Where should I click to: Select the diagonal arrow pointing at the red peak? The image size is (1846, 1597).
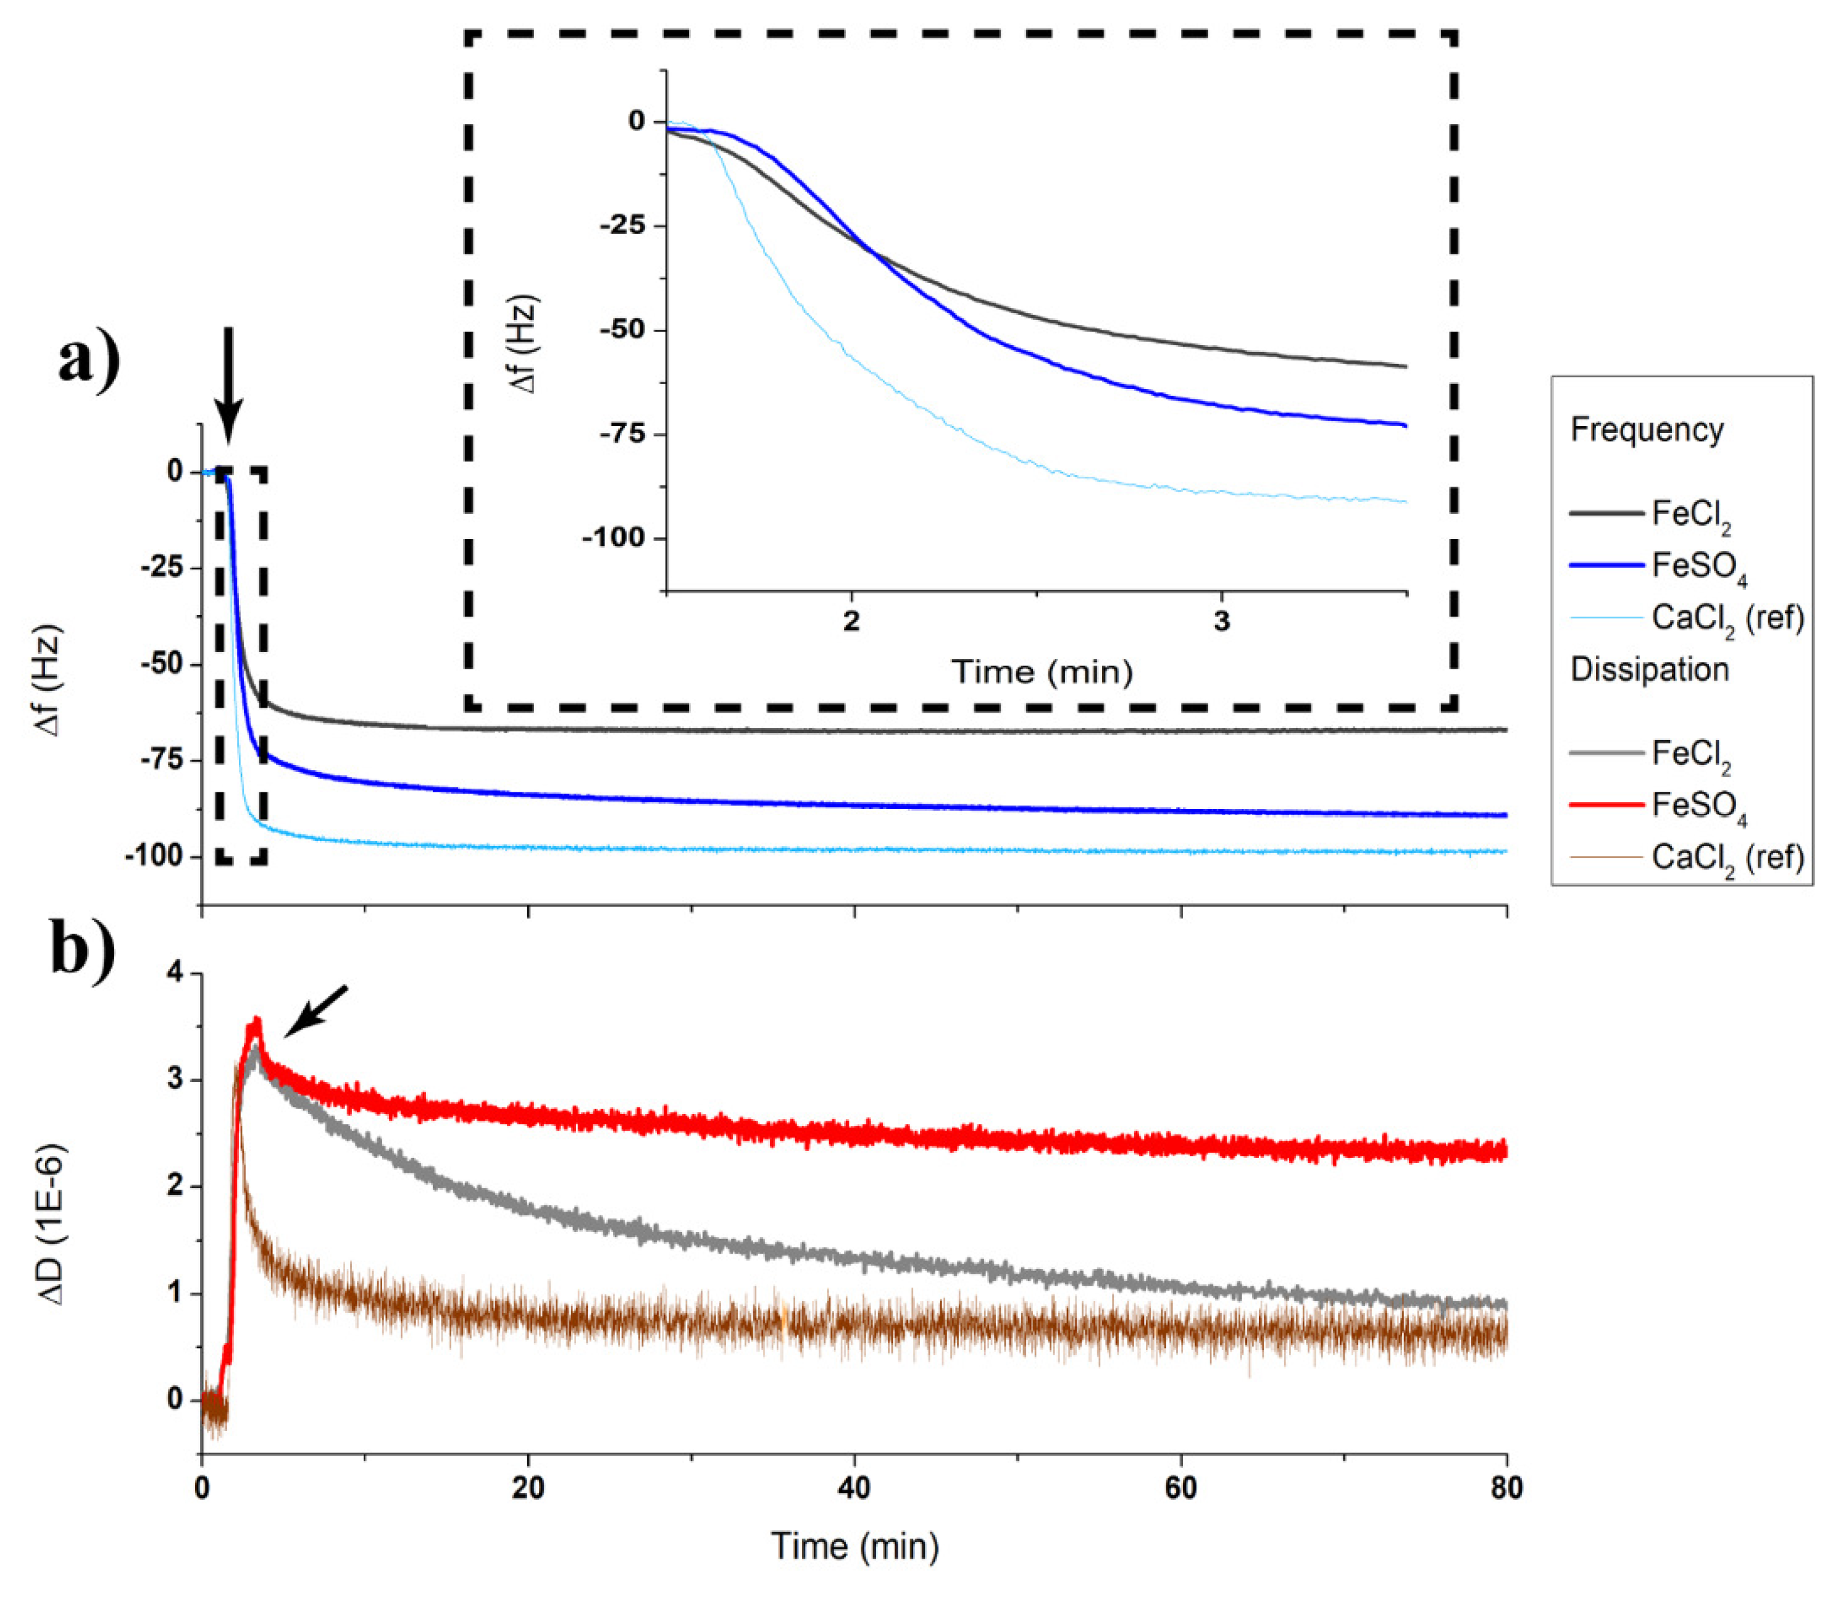315,1012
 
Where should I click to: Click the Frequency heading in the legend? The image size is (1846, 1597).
1647,430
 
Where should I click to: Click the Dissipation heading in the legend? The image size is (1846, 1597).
1649,669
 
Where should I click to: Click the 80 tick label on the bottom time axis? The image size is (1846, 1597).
1506,1488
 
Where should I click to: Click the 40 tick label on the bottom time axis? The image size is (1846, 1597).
854,1488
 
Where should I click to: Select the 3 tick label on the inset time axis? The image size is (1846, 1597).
1221,622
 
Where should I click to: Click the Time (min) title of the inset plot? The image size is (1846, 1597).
1042,672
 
